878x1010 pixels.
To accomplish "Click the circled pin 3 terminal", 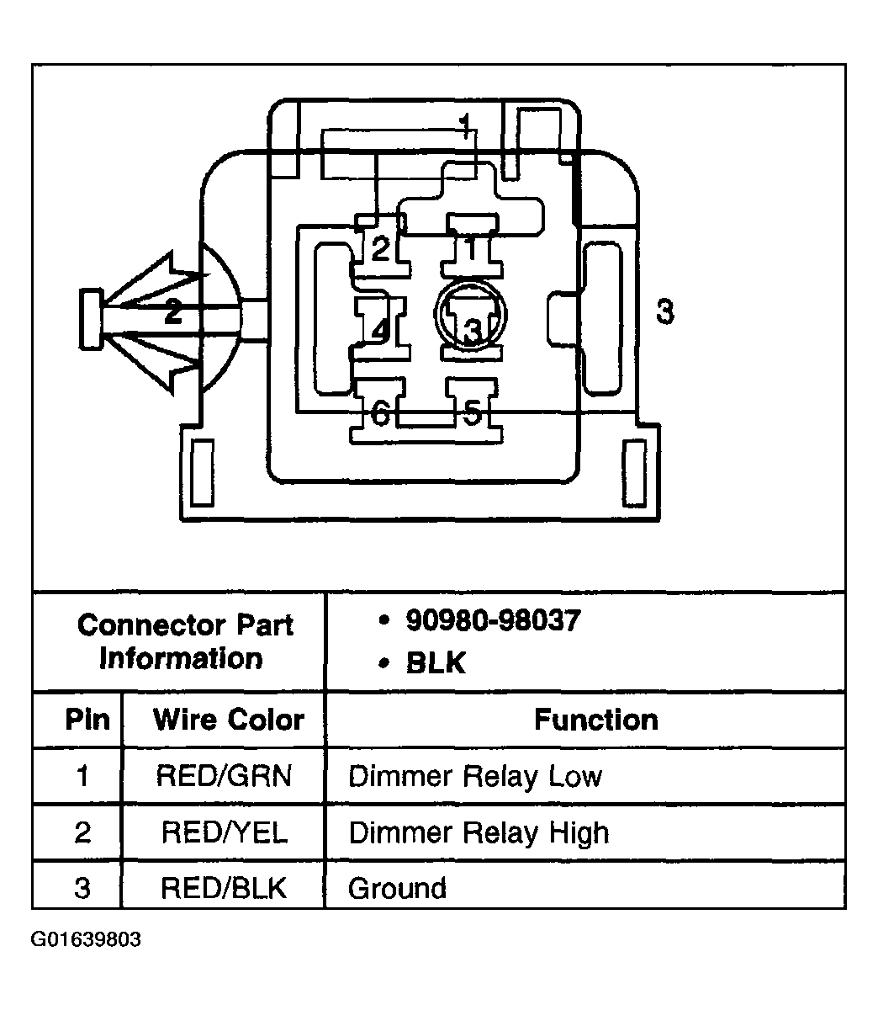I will click(x=472, y=322).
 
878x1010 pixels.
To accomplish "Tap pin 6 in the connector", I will click(x=380, y=412).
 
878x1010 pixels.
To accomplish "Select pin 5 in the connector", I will click(x=473, y=412).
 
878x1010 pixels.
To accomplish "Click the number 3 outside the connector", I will click(x=665, y=312).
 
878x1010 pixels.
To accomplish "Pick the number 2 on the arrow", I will click(x=172, y=312).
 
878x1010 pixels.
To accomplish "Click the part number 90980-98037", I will click(x=493, y=621).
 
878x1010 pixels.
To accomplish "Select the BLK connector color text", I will click(x=435, y=662).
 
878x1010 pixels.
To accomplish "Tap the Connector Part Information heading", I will click(x=184, y=641).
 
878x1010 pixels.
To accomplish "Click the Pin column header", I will click(x=87, y=720).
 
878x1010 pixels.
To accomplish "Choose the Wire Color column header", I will click(x=228, y=720).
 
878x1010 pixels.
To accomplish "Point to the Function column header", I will click(x=595, y=720).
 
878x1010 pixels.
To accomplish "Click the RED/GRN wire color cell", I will click(x=224, y=775).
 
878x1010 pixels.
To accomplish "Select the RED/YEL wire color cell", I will click(x=224, y=832).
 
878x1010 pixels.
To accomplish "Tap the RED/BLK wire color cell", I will click(x=224, y=888).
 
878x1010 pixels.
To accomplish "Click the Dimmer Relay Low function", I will click(x=475, y=776).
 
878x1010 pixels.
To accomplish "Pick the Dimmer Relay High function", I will click(x=478, y=832).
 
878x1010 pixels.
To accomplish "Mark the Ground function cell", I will click(x=397, y=888).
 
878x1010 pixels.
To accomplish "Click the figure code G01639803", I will click(x=86, y=939).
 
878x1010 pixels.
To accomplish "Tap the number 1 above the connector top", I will click(x=465, y=126).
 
